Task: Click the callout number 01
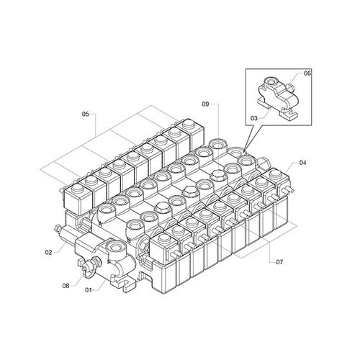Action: tap(89, 290)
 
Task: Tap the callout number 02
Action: tap(48, 252)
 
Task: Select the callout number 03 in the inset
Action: tap(254, 118)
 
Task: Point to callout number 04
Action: tap(303, 163)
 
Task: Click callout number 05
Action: tap(86, 114)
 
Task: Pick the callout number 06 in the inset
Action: tap(307, 73)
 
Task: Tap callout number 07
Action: tap(279, 262)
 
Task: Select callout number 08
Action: tap(66, 286)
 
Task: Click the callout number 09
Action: tap(205, 104)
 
